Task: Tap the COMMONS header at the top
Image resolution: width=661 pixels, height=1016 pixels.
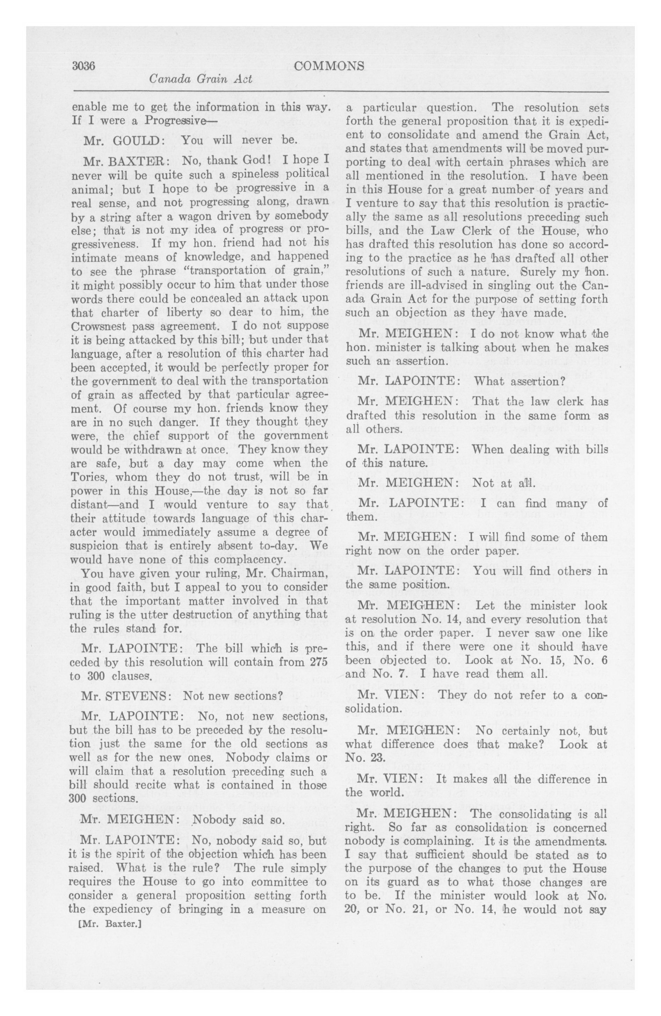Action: coord(329,66)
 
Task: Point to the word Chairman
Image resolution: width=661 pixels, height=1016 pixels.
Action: coord(296,573)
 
